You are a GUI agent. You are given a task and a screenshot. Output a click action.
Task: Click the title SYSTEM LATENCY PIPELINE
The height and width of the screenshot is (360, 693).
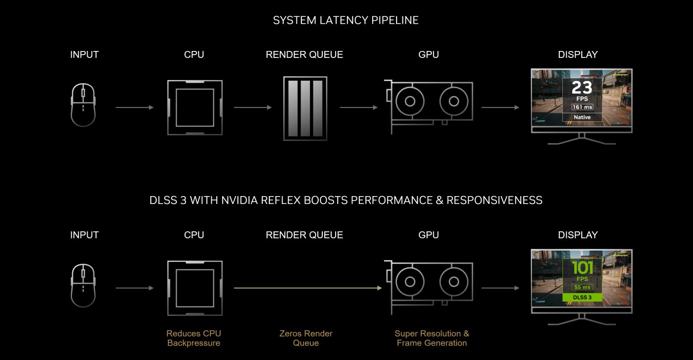(x=346, y=20)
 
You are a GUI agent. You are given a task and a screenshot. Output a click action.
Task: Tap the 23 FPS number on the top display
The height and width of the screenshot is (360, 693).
(x=582, y=88)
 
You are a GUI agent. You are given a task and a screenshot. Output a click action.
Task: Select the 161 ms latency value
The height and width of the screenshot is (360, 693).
(x=582, y=107)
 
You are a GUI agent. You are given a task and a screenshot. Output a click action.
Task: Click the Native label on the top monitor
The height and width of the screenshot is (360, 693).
(x=582, y=117)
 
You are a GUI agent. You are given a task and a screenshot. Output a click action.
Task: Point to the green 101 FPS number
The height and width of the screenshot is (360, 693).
(x=582, y=268)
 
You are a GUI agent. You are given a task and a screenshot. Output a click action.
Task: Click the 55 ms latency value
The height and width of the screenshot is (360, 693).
(x=582, y=287)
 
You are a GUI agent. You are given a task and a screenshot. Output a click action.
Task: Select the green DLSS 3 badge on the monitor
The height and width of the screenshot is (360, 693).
(x=582, y=298)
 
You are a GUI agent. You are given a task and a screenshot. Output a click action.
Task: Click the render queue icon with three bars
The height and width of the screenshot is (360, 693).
(x=305, y=107)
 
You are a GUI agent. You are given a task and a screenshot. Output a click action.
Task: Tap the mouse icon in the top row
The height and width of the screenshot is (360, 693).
(x=83, y=104)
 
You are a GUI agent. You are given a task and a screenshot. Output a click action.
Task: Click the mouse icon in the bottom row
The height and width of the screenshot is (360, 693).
(x=83, y=285)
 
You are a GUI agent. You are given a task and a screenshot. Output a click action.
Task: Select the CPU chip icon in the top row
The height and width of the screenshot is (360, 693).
(x=194, y=107)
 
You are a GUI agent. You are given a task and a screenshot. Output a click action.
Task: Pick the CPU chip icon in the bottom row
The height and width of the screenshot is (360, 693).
(x=194, y=288)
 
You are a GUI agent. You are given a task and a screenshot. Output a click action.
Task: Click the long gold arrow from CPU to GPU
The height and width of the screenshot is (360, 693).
(x=307, y=288)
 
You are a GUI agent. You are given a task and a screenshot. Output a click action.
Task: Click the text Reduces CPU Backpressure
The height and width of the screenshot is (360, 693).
(x=194, y=338)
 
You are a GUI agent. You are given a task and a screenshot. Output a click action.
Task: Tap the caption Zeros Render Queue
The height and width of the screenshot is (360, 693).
(x=305, y=338)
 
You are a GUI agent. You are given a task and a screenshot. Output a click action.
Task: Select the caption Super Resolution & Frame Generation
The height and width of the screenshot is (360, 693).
(x=432, y=338)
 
